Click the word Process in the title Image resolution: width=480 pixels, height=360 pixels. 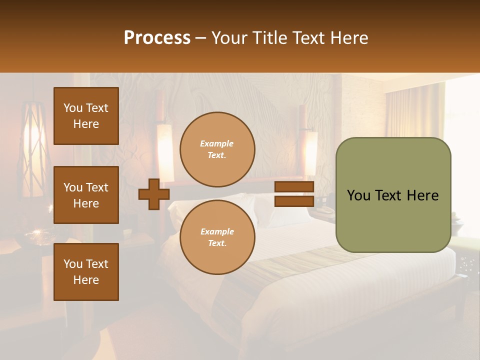point(157,37)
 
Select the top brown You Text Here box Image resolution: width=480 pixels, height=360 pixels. point(86,116)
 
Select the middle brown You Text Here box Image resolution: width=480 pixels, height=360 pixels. point(86,195)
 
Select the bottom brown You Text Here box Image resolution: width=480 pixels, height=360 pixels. point(86,271)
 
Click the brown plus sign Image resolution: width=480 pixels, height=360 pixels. point(154,194)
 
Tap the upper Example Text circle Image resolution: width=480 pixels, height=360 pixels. point(217,149)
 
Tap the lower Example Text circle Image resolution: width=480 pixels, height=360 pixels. point(217,237)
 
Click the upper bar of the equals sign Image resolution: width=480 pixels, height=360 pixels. point(294,187)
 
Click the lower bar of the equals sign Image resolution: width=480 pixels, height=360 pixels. point(294,201)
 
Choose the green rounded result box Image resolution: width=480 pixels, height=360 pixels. point(393,220)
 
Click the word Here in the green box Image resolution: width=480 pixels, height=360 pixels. point(423,195)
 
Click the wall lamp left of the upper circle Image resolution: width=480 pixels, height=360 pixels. point(165,150)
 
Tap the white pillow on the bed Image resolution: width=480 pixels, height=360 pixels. point(280,210)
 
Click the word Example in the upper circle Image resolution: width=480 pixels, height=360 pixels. point(216,143)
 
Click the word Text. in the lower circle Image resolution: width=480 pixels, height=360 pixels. point(217,243)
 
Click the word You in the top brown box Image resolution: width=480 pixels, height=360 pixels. point(73,108)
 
